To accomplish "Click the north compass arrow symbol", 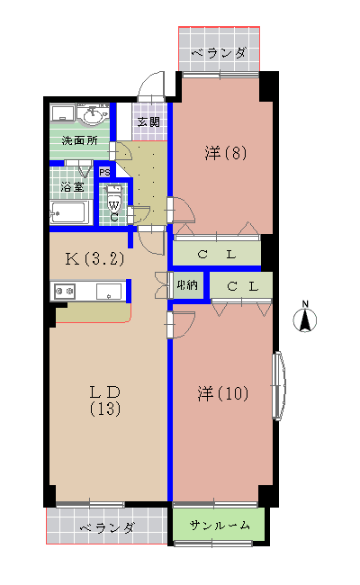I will click(x=306, y=318).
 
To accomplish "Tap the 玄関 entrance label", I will click(x=148, y=121).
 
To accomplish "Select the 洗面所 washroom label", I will click(x=78, y=141).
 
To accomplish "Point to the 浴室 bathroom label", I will click(x=72, y=187).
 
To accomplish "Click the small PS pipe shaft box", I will click(x=104, y=173).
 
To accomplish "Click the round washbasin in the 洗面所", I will click(x=92, y=115).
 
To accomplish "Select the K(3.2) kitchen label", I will click(x=94, y=259).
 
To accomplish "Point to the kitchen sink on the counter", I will click(x=109, y=291).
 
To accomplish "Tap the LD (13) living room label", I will click(x=104, y=400).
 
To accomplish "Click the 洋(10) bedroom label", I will click(x=223, y=393).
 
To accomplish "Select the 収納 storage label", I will click(x=187, y=285).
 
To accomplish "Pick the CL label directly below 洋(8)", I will click(x=217, y=254).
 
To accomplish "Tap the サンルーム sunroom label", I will click(x=220, y=526).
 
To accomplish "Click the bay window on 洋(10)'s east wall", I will click(x=279, y=385).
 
